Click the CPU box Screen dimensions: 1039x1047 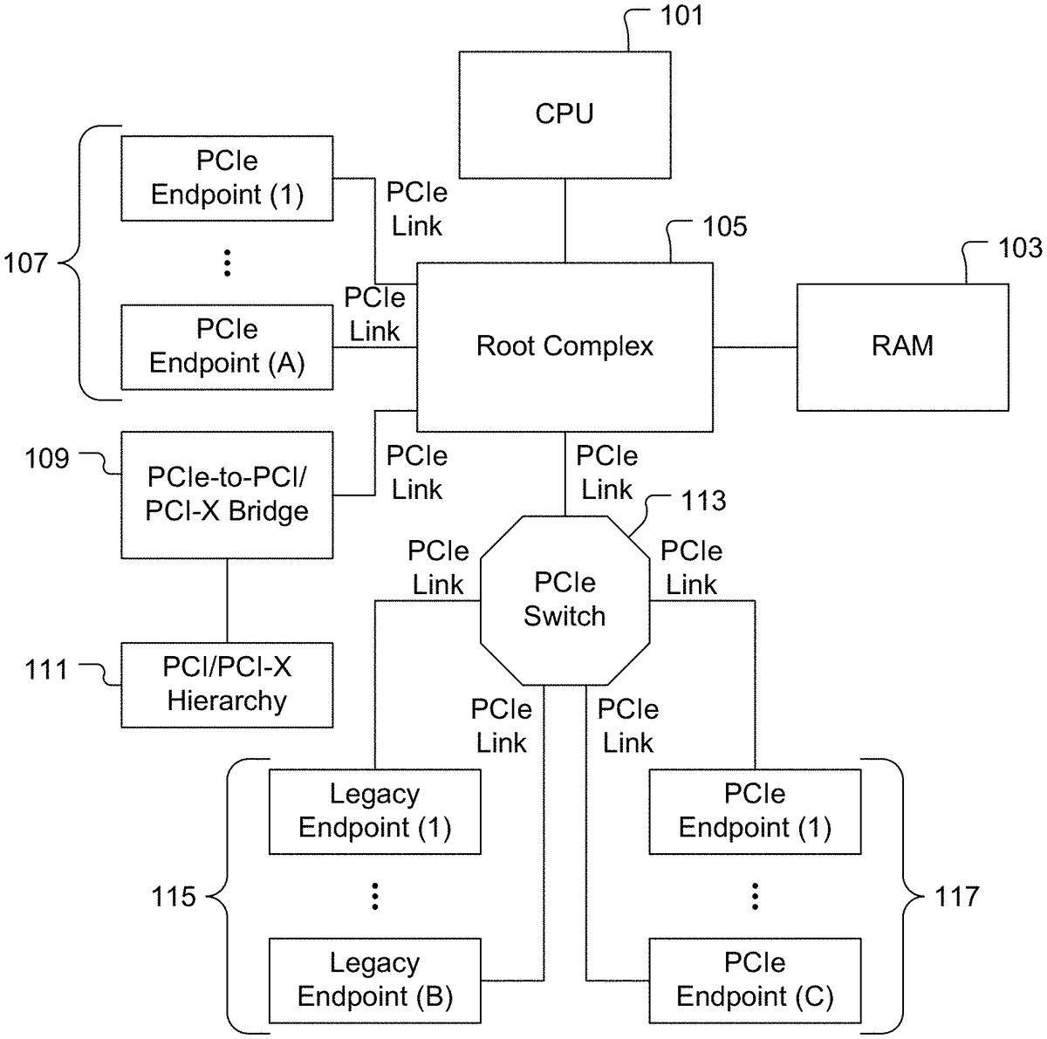(565, 114)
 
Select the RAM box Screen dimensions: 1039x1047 (902, 346)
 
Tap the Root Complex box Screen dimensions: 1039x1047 (565, 346)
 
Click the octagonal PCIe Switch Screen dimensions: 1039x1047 (565, 599)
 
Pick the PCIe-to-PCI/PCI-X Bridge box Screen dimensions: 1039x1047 (227, 495)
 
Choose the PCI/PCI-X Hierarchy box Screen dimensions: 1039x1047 (227, 685)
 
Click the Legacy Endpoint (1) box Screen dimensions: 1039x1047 (374, 810)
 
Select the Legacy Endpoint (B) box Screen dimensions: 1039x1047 (374, 980)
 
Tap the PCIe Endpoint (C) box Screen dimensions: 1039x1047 (755, 980)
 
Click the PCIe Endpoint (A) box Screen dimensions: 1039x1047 (227, 346)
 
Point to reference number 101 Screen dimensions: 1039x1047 (681, 16)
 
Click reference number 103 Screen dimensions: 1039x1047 (1019, 249)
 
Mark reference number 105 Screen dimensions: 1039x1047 (725, 227)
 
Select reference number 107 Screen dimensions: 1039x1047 (25, 262)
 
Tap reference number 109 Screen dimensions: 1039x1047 (46, 458)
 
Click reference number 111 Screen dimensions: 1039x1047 (46, 670)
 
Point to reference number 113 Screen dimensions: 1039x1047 (703, 501)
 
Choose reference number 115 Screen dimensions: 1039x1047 (174, 896)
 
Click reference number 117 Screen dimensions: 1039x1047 (957, 896)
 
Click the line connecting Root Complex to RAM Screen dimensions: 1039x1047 (755, 346)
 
